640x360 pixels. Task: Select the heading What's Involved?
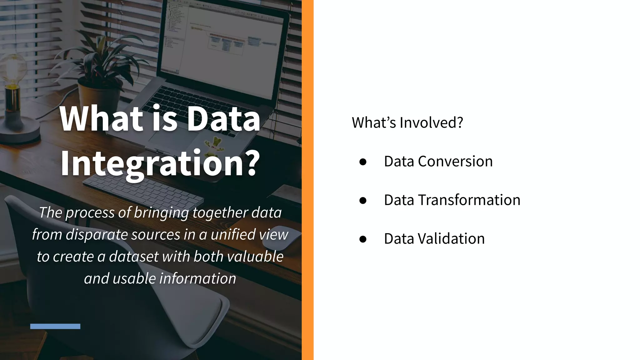point(407,122)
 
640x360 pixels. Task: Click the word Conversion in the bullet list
point(455,161)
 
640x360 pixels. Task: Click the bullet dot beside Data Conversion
point(363,162)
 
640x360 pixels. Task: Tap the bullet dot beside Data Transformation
point(363,200)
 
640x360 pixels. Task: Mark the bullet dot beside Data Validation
point(363,239)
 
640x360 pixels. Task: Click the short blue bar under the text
point(55,326)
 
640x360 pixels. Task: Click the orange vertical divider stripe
point(307,180)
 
